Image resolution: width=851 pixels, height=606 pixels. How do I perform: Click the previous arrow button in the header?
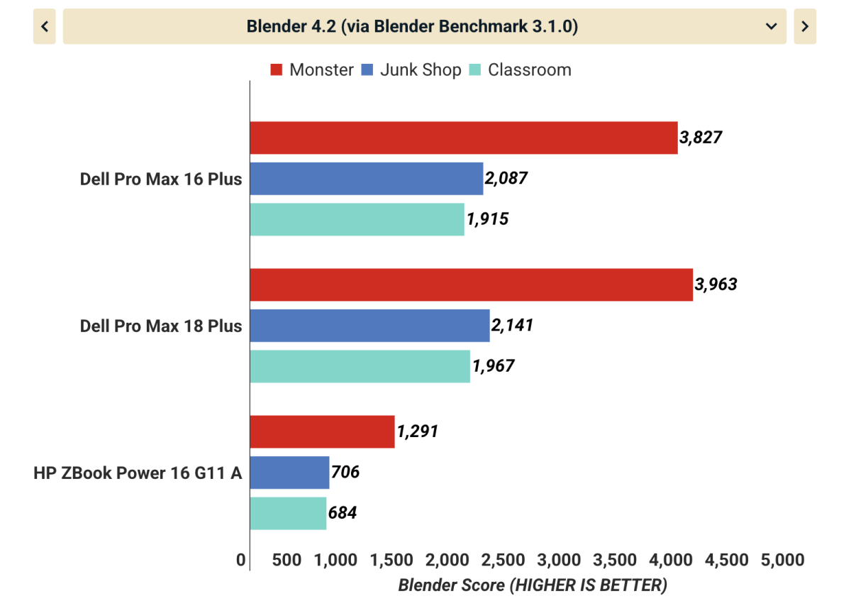point(44,27)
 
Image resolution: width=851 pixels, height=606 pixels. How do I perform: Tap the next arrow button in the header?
point(805,27)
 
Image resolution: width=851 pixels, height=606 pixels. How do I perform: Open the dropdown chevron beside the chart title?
point(772,27)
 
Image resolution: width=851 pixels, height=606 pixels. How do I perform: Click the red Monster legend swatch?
point(277,70)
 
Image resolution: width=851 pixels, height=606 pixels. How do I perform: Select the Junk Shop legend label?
point(421,70)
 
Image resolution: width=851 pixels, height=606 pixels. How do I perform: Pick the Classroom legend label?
point(529,70)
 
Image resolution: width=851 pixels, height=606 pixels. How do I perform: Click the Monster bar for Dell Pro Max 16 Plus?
point(463,138)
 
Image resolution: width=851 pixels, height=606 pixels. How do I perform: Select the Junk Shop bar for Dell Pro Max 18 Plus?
point(369,326)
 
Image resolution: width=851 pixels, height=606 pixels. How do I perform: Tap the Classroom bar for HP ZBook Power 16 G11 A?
point(288,513)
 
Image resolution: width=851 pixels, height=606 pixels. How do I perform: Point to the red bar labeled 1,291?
point(322,431)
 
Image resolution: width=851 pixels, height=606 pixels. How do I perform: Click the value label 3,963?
point(716,285)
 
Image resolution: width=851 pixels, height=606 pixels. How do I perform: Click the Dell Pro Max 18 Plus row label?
point(161,326)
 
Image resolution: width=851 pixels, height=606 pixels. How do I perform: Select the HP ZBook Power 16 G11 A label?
point(138,473)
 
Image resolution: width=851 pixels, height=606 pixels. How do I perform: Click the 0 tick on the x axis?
point(241,561)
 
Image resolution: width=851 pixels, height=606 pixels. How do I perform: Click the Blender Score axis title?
point(533,585)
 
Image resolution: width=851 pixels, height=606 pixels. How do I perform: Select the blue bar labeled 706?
point(289,473)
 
